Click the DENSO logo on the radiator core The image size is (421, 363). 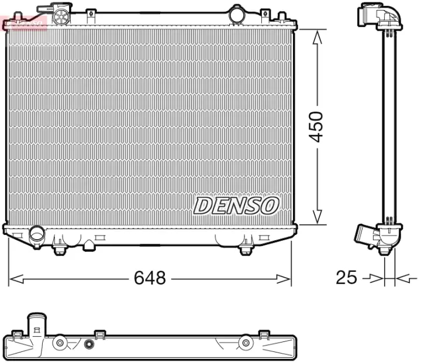(236, 205)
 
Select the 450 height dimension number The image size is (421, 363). (316, 126)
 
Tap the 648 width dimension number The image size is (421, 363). (150, 278)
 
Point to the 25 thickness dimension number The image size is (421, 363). (346, 278)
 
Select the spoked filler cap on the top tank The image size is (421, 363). (59, 16)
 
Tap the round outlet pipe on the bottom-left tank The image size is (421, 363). (37, 236)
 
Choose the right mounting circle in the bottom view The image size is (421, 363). (246, 343)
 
